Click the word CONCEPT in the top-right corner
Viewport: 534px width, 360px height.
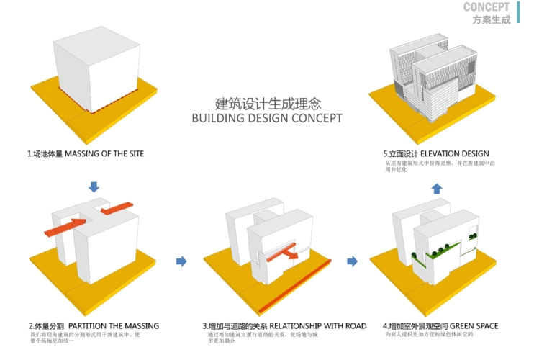(487, 7)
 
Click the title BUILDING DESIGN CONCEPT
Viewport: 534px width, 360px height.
(266, 119)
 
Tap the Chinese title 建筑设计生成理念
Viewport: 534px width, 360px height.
(266, 102)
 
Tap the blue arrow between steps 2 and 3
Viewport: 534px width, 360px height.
(181, 261)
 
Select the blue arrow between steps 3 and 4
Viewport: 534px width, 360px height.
(353, 261)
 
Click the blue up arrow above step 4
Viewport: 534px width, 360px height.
(437, 189)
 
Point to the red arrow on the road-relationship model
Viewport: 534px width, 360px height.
(284, 253)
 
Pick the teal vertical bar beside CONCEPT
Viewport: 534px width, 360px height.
(517, 12)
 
